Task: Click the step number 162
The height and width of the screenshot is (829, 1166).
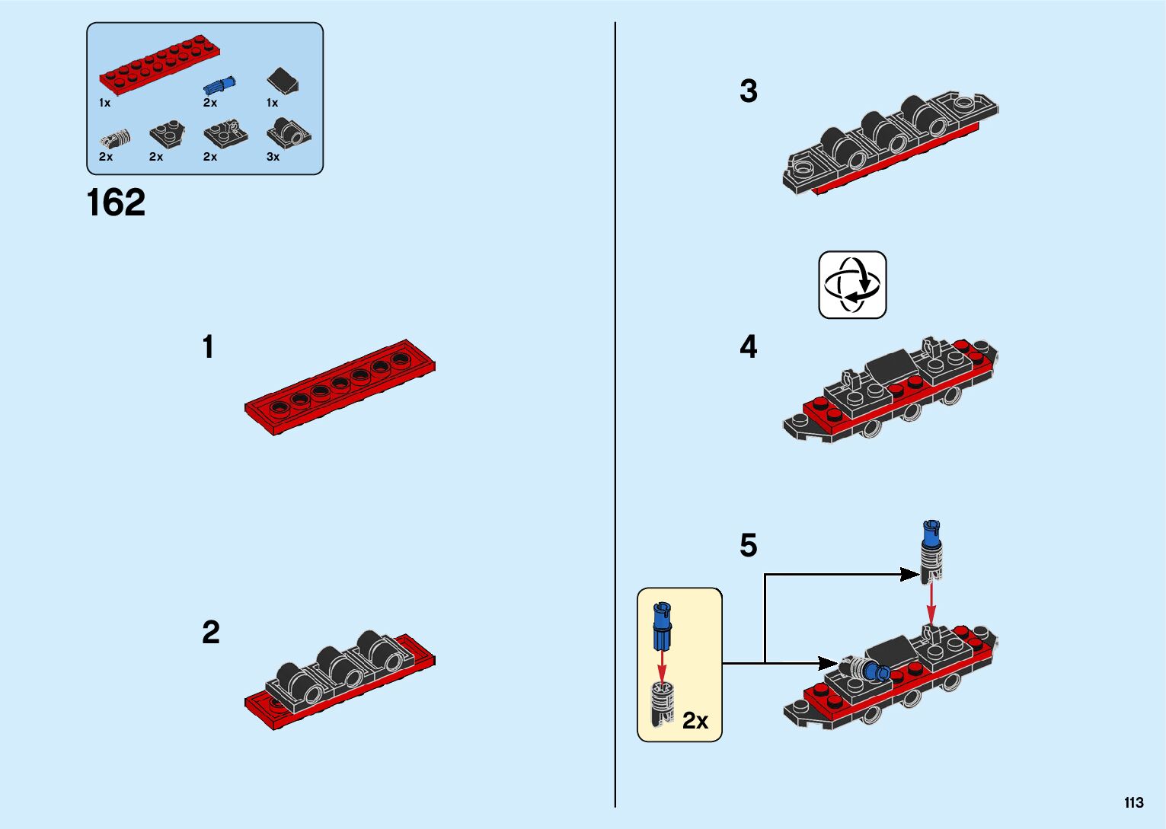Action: click(116, 203)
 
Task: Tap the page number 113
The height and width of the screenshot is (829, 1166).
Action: click(1132, 802)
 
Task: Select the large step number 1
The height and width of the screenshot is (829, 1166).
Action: click(208, 347)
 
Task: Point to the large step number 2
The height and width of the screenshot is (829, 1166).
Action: click(210, 632)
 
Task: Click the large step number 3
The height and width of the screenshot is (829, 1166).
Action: click(748, 91)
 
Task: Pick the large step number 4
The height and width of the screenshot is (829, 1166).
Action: click(748, 347)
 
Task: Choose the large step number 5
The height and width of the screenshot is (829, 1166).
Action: click(748, 545)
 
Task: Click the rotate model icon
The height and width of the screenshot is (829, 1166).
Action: click(852, 285)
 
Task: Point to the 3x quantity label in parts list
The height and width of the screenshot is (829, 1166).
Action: click(273, 157)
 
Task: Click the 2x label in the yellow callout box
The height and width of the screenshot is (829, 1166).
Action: click(695, 720)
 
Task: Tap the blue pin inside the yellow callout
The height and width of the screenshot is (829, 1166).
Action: click(661, 626)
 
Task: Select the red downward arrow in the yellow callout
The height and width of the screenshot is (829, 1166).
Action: click(661, 667)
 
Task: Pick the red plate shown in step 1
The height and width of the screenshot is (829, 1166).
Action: click(340, 387)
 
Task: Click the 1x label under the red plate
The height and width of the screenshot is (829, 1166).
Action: click(105, 103)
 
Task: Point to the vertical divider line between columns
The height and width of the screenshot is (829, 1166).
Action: click(615, 414)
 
